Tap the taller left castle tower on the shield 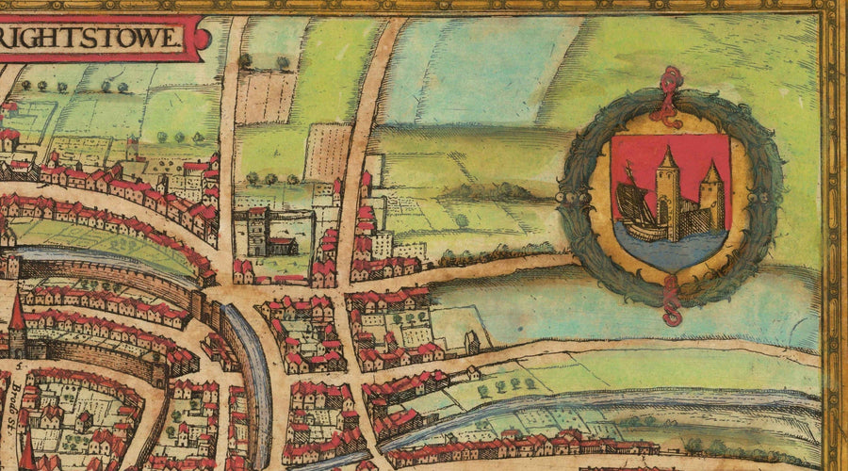pyautogui.click(x=667, y=193)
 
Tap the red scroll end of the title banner pyautogui.click(x=201, y=39)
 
